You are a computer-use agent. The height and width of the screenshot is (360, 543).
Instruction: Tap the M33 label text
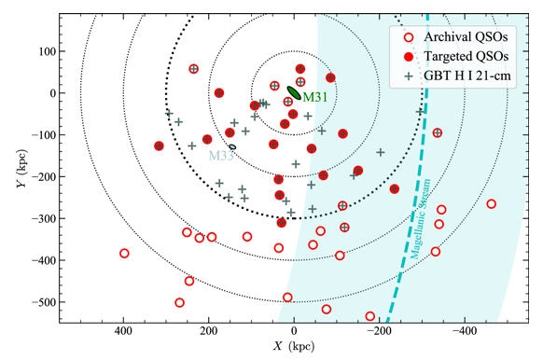click(x=220, y=155)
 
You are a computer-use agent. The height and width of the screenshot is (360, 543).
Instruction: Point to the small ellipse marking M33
click(x=232, y=146)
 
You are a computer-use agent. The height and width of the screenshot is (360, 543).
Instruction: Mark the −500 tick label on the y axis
click(x=38, y=302)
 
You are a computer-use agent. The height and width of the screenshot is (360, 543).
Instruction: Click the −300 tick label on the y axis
click(x=38, y=218)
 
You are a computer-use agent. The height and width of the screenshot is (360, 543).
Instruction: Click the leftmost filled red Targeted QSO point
click(x=159, y=146)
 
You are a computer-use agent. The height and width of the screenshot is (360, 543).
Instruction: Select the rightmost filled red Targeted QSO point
click(x=395, y=189)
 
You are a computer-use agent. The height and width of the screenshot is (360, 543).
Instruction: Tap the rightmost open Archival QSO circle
click(x=492, y=204)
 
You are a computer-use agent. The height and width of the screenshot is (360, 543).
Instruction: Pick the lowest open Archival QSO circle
click(x=370, y=316)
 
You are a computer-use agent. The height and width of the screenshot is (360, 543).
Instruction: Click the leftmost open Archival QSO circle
click(x=124, y=254)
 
